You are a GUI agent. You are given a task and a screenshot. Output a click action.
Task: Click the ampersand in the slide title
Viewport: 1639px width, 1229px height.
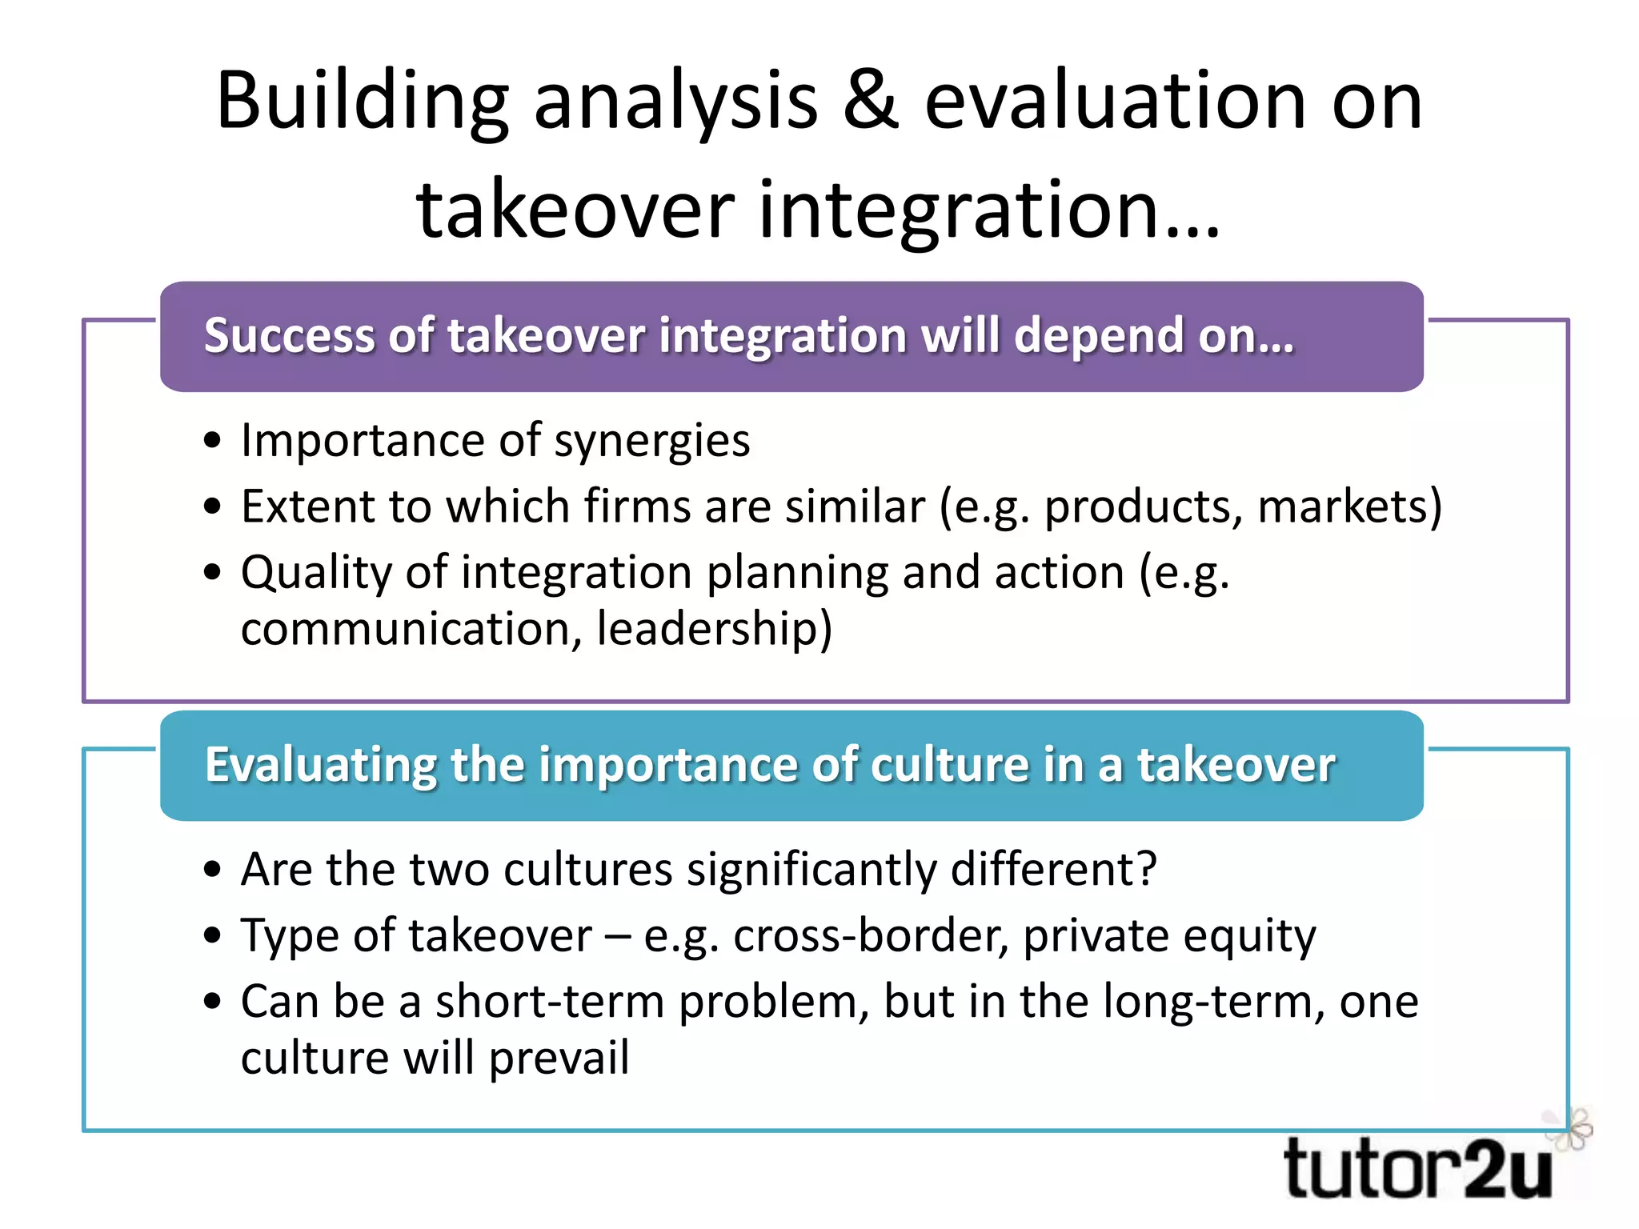871,102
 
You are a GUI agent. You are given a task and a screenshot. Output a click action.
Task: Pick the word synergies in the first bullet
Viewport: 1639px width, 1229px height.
651,441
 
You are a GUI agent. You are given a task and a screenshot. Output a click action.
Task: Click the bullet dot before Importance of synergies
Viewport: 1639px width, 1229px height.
212,441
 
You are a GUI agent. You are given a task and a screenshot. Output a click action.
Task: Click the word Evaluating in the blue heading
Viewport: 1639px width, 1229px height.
320,764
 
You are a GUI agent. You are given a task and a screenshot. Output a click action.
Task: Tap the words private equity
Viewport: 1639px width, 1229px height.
1168,935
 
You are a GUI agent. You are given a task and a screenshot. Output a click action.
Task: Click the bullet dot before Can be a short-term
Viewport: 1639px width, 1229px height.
212,1002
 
